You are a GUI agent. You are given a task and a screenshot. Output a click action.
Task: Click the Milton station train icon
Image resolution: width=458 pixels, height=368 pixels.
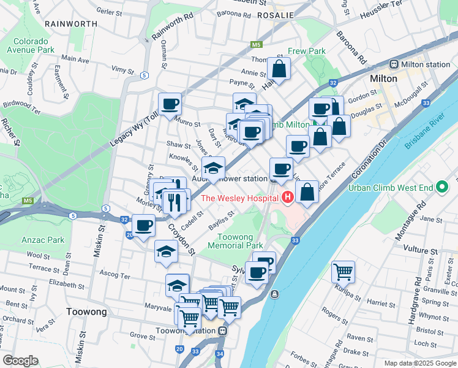(394, 64)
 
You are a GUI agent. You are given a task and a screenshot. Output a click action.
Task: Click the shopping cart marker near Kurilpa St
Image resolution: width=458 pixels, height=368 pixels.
(343, 270)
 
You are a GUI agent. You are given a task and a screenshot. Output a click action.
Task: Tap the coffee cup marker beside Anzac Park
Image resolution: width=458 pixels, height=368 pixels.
(144, 226)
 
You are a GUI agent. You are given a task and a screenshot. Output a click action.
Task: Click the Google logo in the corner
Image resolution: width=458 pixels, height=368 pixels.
(20, 361)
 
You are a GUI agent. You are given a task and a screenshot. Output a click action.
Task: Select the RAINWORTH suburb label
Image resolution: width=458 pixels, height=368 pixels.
(71, 23)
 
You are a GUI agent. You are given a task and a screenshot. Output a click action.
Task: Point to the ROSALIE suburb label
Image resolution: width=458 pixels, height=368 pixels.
(276, 14)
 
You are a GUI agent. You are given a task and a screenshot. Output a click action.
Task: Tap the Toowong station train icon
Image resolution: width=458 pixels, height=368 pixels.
(223, 331)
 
